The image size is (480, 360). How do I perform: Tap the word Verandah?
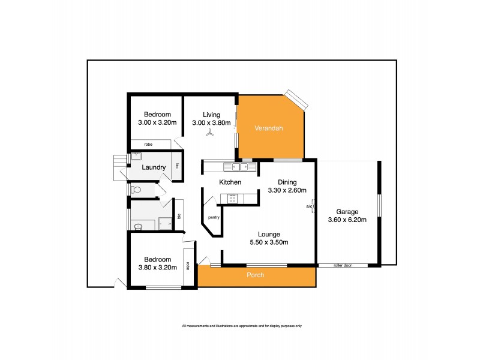pos(268,128)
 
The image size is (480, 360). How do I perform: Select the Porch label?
pos(255,275)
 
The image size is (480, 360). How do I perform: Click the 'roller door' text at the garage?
pos(343,265)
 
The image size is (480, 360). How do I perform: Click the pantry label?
pos(214,217)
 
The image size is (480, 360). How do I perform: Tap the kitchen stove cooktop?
pos(231,198)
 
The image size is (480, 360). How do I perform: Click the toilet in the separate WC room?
pos(136,190)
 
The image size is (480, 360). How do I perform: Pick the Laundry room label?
pos(154,167)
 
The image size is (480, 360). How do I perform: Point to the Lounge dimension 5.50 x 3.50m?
pos(269,242)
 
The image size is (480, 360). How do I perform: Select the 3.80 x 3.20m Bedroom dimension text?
pos(157,268)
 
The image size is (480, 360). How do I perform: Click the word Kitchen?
pos(230,182)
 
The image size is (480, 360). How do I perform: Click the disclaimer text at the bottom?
pos(241,326)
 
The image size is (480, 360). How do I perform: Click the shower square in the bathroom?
pos(164,224)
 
